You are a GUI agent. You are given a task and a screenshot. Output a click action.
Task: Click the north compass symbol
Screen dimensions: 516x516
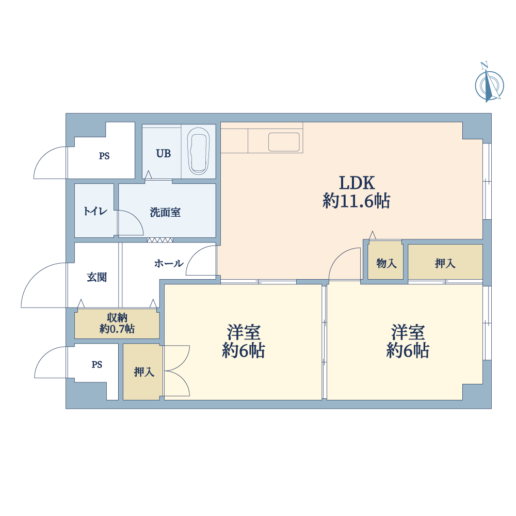point(489,84)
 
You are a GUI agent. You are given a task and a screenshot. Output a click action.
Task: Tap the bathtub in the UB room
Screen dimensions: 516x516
point(199,151)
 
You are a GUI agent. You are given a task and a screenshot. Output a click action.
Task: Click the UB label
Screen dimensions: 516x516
point(163,154)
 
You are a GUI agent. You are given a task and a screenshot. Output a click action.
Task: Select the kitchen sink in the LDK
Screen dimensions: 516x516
point(284,142)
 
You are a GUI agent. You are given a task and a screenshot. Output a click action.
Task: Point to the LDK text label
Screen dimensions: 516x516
point(357,183)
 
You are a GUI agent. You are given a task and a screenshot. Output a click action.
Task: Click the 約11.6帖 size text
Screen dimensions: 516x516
point(357,201)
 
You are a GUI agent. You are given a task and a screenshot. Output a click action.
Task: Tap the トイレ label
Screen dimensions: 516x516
point(95,211)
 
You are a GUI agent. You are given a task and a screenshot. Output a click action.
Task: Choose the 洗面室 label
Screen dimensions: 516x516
point(165,212)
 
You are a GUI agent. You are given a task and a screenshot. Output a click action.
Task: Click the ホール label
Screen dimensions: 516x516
point(169,263)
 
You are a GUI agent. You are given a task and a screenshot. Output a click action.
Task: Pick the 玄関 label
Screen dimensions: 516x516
point(97,277)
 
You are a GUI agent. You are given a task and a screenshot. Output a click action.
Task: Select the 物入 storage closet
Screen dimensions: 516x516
point(385,260)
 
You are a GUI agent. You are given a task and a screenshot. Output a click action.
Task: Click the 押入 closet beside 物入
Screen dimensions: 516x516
point(445,262)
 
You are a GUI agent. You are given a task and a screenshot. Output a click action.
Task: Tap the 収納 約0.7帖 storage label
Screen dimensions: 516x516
point(117,323)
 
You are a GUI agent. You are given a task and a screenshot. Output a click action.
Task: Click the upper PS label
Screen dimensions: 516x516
point(104,156)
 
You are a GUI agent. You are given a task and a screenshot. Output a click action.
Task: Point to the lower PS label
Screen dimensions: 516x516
point(97,365)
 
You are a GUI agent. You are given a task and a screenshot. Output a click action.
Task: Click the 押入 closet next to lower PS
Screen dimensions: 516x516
point(143,372)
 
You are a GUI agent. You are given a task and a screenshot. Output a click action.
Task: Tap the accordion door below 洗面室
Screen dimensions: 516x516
point(160,240)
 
